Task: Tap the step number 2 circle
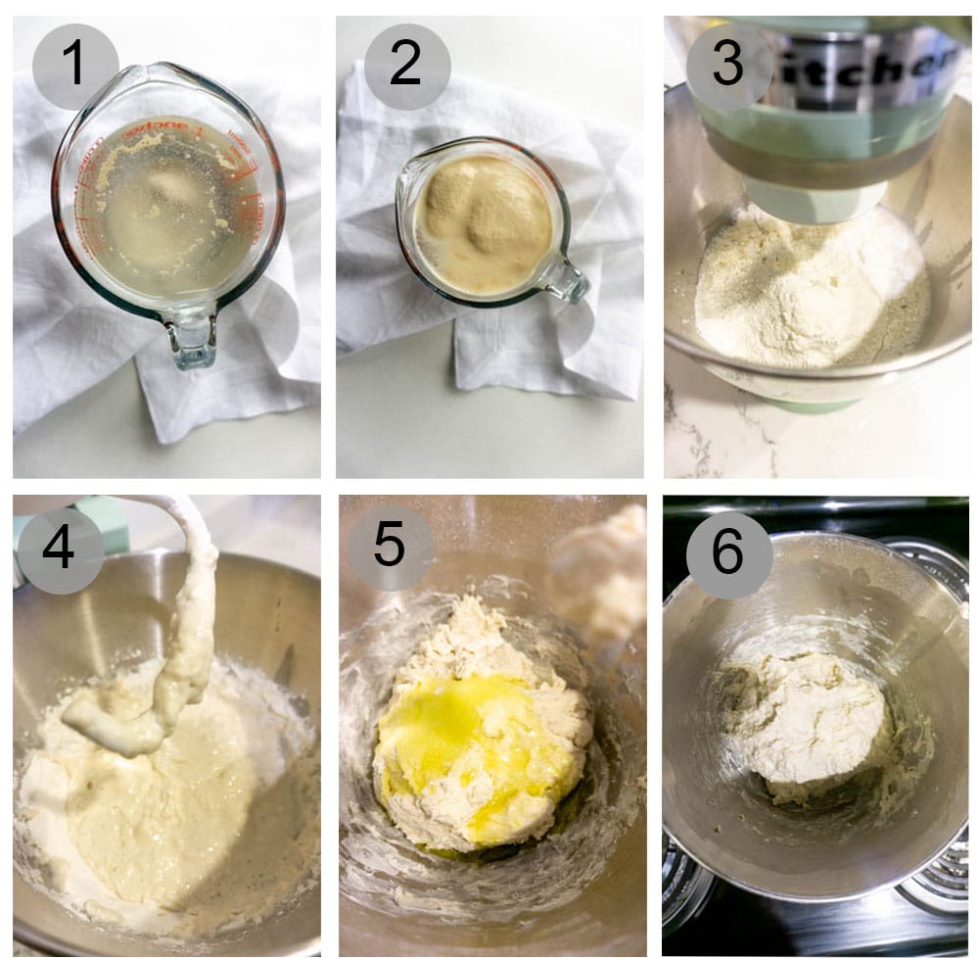point(406,66)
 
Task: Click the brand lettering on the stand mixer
point(862,64)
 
